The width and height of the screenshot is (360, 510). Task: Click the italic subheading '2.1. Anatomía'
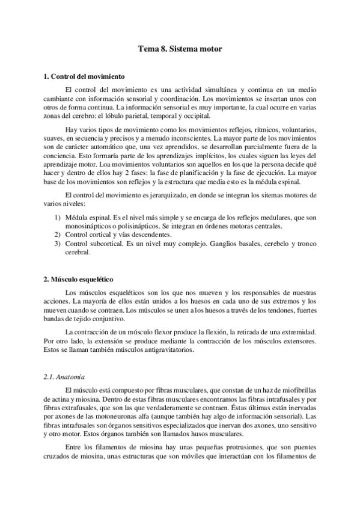[63, 376]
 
